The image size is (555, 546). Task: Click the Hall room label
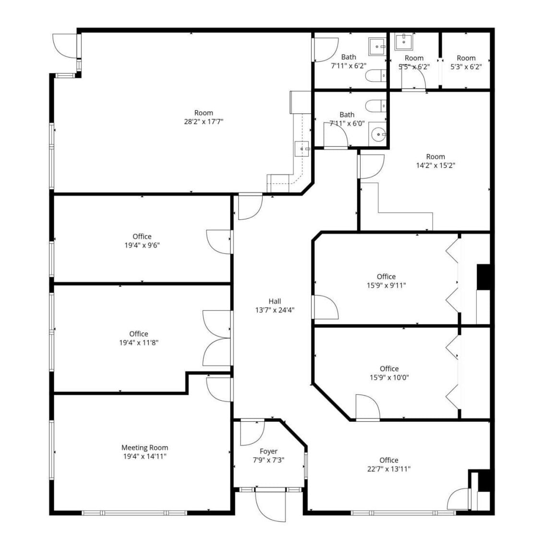275,301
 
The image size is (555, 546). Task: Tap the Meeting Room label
145,448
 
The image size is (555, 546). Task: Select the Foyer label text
268,451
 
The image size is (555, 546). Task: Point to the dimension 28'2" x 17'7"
204,121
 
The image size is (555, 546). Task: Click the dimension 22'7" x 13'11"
388,469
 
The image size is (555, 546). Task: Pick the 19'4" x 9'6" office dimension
142,245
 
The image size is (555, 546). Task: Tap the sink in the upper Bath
377,47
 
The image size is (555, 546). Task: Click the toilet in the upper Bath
376,76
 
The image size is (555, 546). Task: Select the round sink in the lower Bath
378,135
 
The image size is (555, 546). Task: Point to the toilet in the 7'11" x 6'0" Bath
376,105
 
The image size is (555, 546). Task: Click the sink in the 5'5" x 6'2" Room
404,41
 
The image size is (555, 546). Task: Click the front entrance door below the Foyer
270,506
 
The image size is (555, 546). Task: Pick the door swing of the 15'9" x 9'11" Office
325,307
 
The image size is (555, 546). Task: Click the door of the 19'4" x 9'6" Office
219,242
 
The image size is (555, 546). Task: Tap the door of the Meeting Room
219,389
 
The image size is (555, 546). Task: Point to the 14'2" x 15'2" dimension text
435,165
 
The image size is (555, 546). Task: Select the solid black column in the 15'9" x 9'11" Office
483,277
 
